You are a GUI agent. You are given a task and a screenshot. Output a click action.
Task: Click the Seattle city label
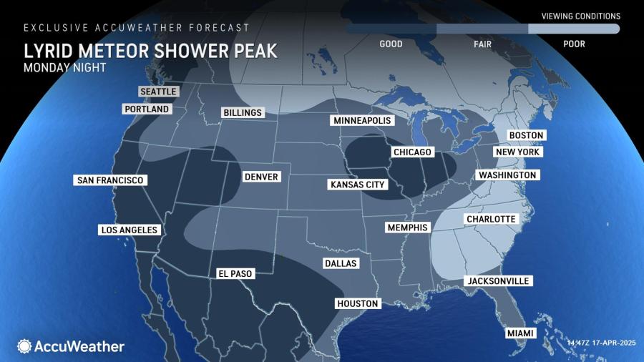[x=157, y=92]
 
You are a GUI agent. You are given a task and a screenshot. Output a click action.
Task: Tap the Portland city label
[x=147, y=109]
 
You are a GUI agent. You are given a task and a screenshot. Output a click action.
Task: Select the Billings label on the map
[x=243, y=113]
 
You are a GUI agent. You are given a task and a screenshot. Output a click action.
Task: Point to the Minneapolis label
[x=362, y=121]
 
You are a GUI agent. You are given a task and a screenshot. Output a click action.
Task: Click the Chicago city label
[x=412, y=152]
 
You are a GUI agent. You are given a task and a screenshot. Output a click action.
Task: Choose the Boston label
[x=526, y=135]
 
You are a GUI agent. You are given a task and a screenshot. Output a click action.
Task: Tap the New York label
[x=519, y=152]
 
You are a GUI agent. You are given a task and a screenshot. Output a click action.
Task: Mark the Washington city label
[x=507, y=175]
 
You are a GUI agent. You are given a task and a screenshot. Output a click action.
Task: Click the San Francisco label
[x=110, y=180]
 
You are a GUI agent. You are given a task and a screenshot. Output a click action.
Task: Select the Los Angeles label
[x=129, y=230]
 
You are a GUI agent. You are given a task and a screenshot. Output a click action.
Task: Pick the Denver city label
[x=260, y=177]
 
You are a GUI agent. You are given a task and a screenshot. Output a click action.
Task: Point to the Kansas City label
[x=358, y=185]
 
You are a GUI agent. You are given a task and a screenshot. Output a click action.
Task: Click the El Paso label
[x=235, y=273]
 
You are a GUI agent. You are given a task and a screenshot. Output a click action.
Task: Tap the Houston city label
[x=357, y=304]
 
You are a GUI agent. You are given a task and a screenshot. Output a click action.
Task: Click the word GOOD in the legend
[x=391, y=44]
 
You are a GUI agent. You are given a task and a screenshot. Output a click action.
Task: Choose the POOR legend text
[x=574, y=44]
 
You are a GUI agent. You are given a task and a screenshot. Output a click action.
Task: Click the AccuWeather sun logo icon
[x=24, y=346]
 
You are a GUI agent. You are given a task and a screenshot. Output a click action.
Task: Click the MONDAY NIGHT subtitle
[x=65, y=68]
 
